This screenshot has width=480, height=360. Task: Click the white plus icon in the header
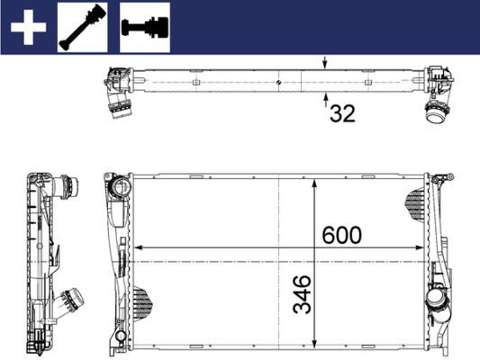28,27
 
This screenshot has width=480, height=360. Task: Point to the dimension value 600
341,235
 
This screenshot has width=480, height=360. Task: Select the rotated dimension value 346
302,294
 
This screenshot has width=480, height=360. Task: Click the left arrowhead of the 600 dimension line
138,248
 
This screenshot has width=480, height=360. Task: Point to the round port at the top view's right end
437,112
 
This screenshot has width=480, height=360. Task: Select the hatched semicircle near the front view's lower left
141,296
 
